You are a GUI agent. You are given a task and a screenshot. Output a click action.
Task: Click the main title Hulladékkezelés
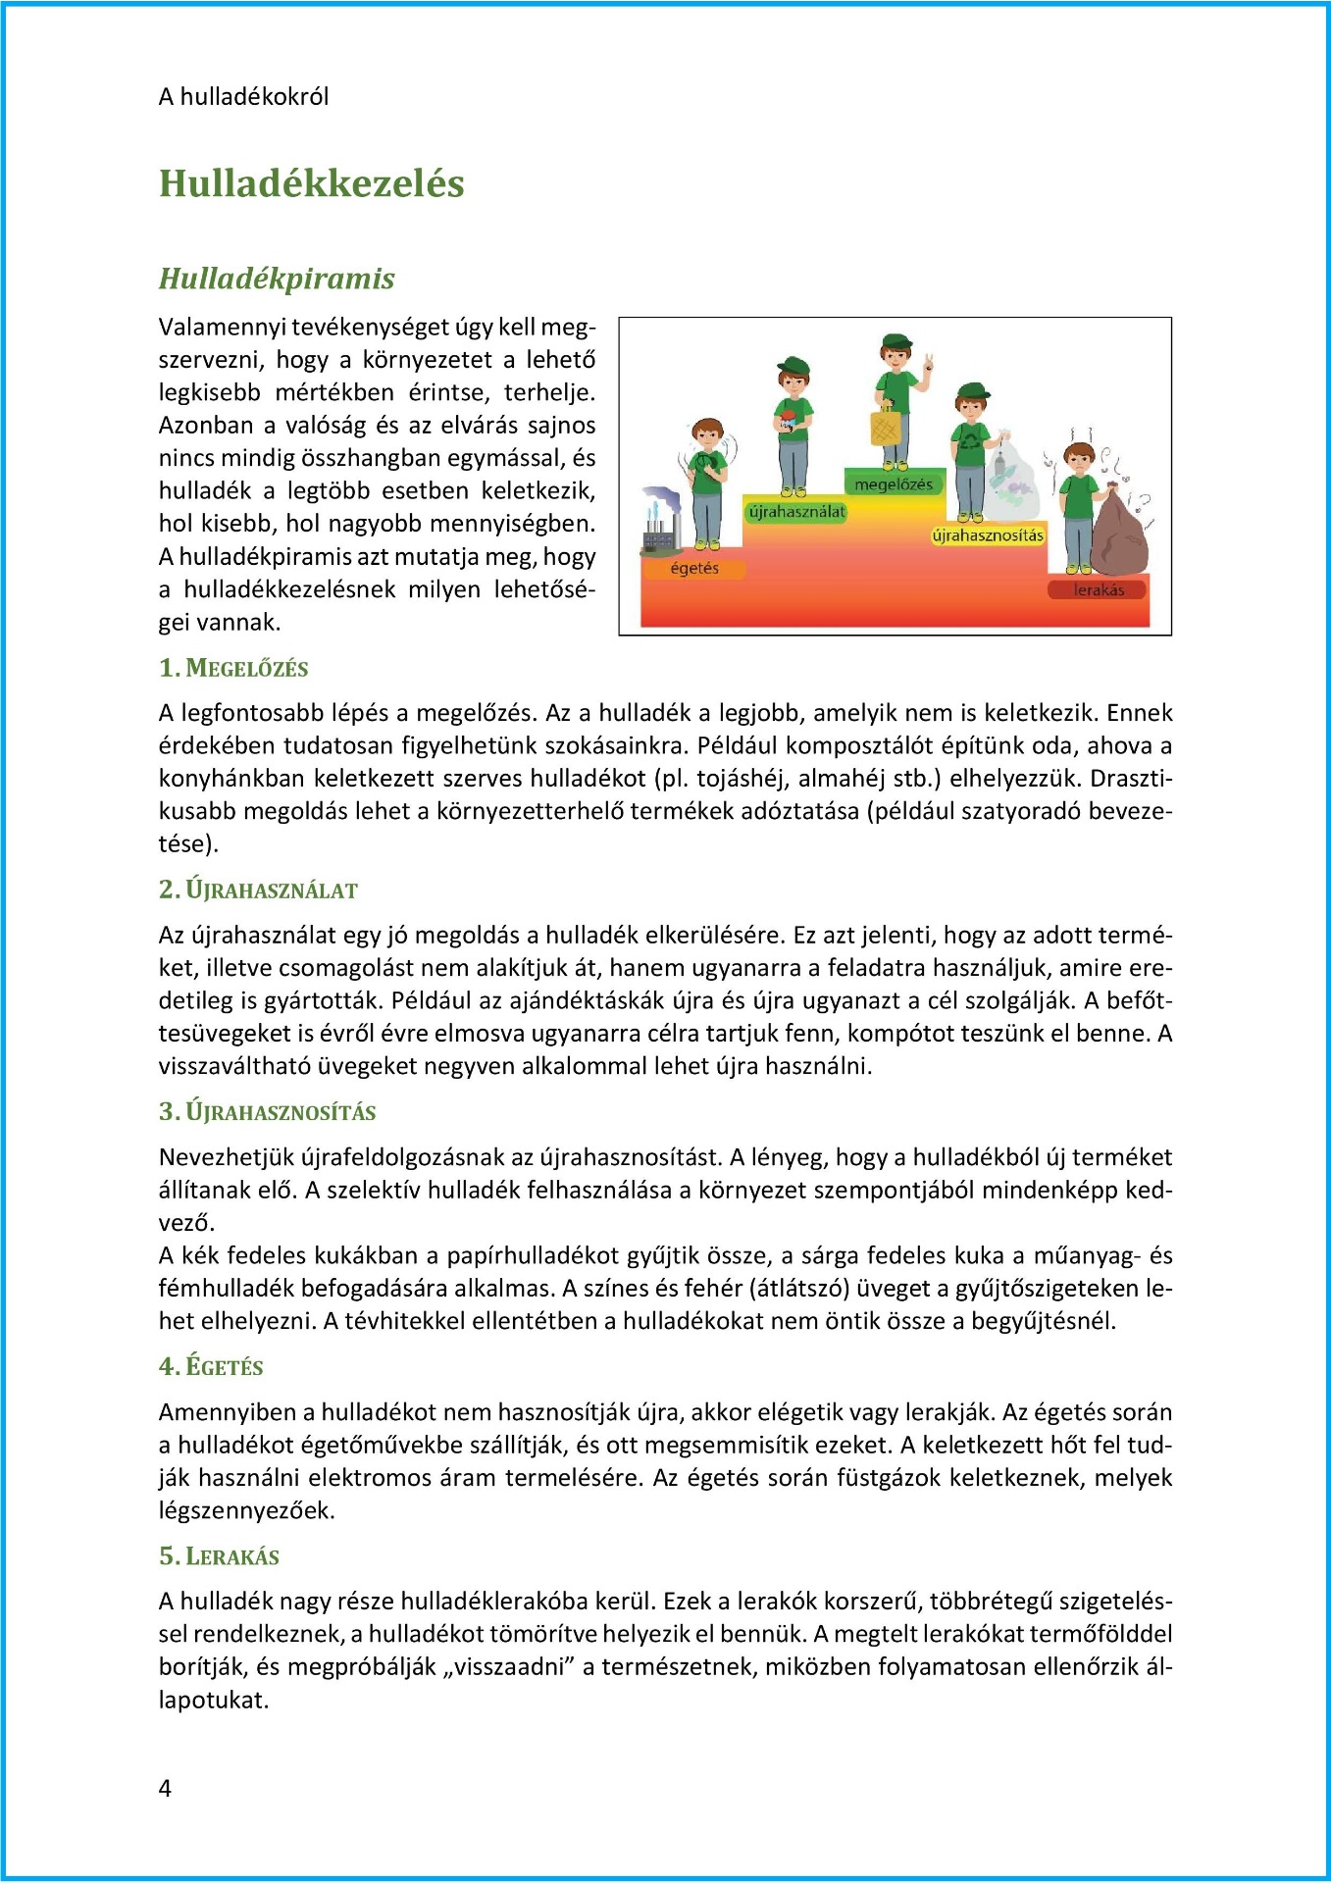pyautogui.click(x=311, y=183)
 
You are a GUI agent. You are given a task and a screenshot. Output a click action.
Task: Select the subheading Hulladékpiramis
pyautogui.click(x=277, y=279)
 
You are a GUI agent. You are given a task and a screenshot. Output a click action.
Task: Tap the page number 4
pyautogui.click(x=165, y=1788)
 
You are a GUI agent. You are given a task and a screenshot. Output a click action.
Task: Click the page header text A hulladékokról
pyautogui.click(x=243, y=96)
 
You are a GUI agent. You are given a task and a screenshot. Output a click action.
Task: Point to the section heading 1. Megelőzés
pyautogui.click(x=233, y=668)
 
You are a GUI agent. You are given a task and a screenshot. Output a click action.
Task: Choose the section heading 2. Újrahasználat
pyautogui.click(x=258, y=890)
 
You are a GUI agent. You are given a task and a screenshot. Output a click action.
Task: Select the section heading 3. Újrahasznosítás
pyautogui.click(x=267, y=1111)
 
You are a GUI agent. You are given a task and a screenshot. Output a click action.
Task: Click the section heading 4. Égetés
pyautogui.click(x=211, y=1366)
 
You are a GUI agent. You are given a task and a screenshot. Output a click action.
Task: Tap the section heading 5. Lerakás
pyautogui.click(x=219, y=1555)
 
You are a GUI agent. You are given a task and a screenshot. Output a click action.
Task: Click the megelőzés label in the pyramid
pyautogui.click(x=894, y=483)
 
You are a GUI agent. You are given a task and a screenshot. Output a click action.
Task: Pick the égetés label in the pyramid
pyautogui.click(x=694, y=568)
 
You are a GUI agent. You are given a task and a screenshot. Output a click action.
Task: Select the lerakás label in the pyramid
pyautogui.click(x=1099, y=589)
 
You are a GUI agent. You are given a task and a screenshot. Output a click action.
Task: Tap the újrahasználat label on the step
pyautogui.click(x=796, y=511)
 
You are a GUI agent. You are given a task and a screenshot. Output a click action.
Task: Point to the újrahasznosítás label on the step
pyautogui.click(x=988, y=535)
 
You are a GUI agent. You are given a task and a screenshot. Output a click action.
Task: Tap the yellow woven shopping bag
pyautogui.click(x=886, y=427)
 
